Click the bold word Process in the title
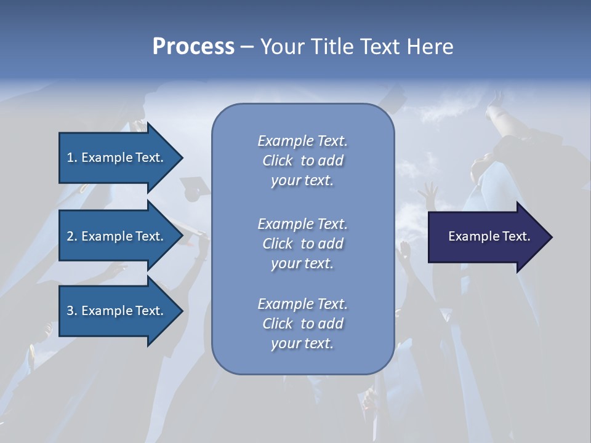tap(193, 47)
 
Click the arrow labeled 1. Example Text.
tap(117, 158)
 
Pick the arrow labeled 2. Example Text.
tap(117, 236)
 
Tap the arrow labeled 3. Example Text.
tap(117, 311)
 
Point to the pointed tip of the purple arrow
tap(551, 237)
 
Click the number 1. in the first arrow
tap(71, 158)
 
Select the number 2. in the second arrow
tap(71, 236)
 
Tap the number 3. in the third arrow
tap(71, 311)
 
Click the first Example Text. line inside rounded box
tap(302, 141)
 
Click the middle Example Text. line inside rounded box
tap(302, 224)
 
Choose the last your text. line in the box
tap(302, 343)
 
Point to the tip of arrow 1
tap(182, 158)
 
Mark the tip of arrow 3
tap(182, 311)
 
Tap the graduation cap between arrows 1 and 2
tap(195, 183)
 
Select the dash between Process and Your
tap(246, 47)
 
